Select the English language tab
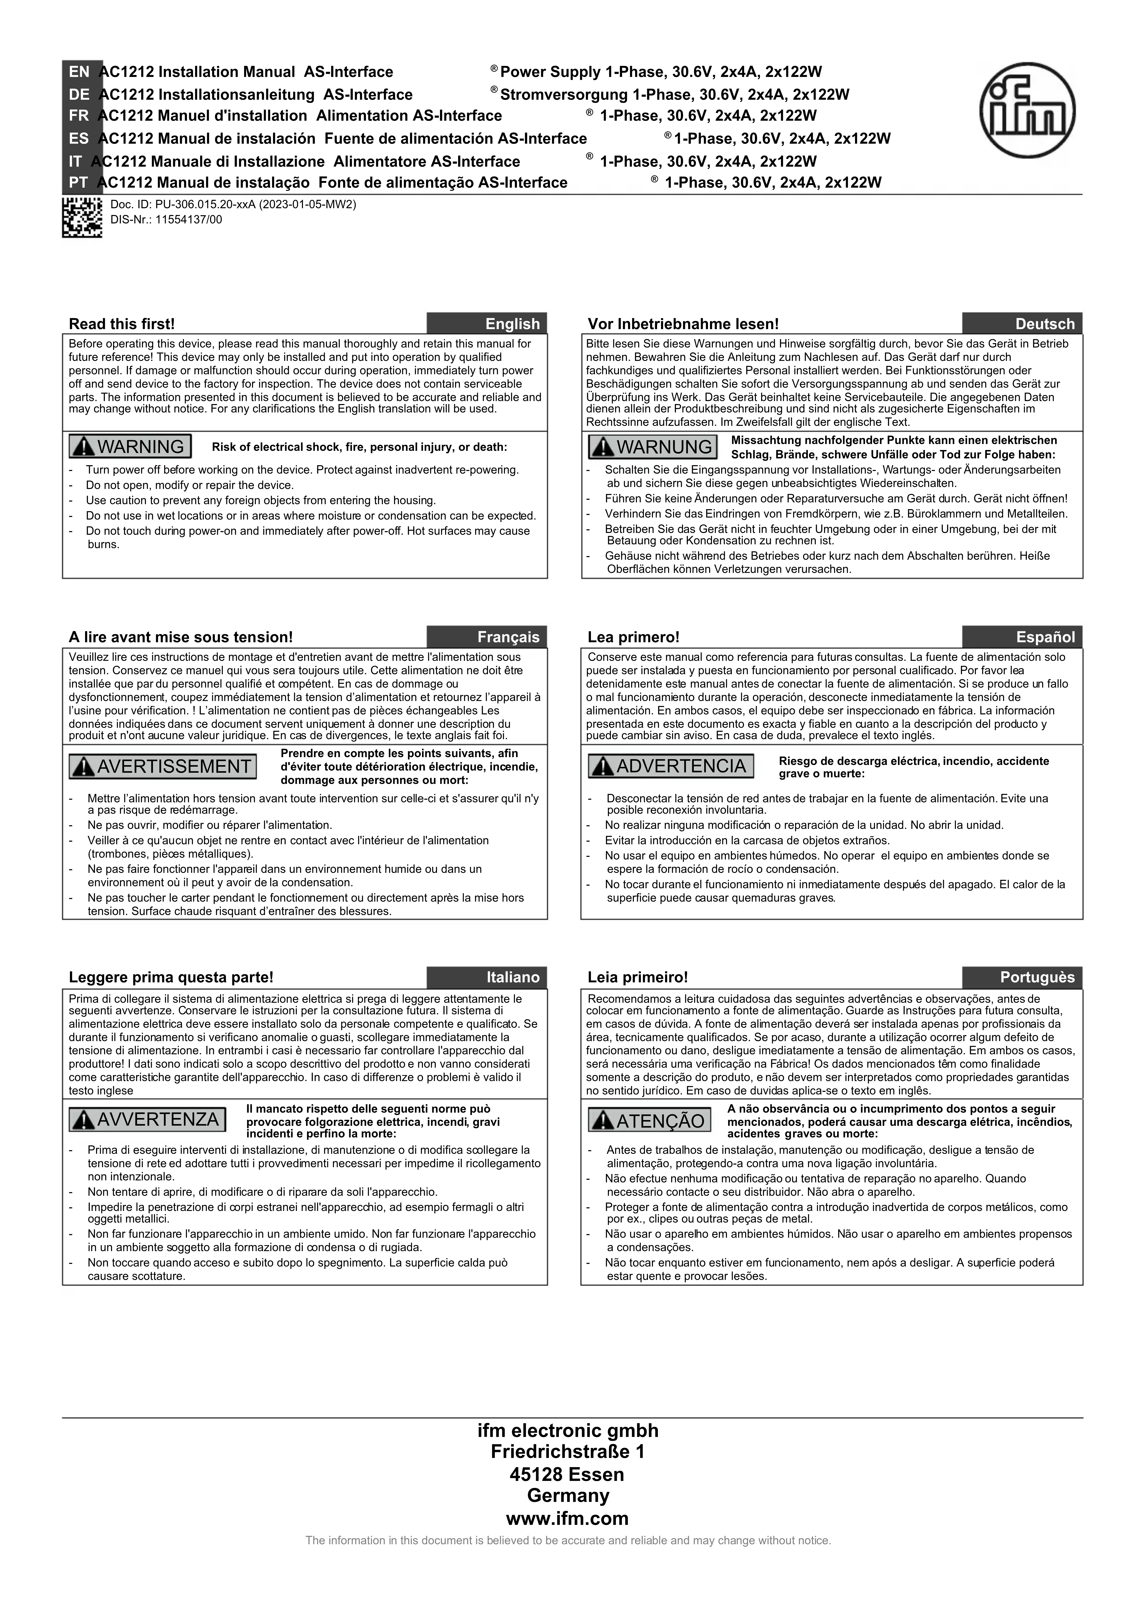(x=487, y=324)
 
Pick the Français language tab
(x=487, y=637)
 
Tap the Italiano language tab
(x=487, y=977)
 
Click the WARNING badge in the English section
(x=130, y=446)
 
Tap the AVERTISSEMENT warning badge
(x=163, y=766)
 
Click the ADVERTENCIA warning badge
(x=671, y=766)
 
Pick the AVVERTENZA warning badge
(x=147, y=1119)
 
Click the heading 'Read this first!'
(x=122, y=324)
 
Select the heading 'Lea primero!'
(x=633, y=637)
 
